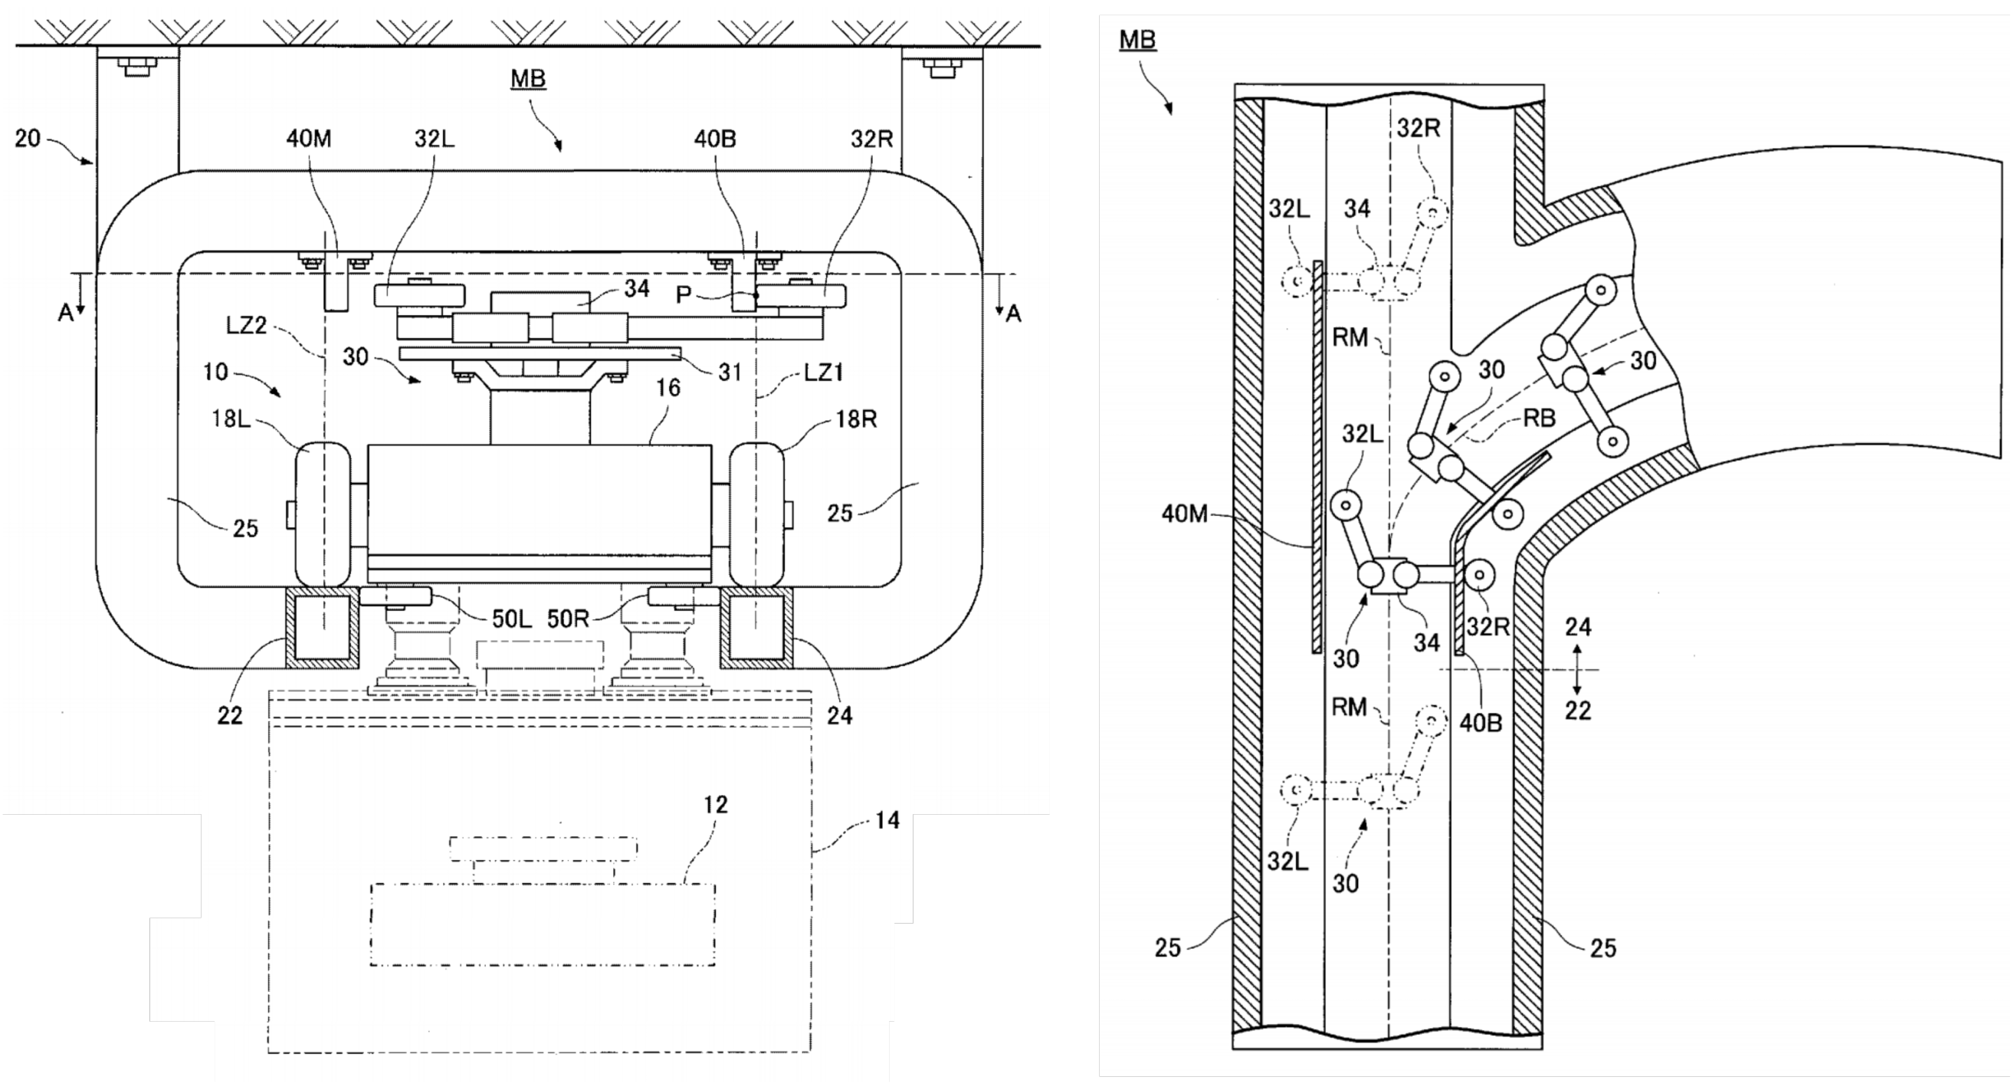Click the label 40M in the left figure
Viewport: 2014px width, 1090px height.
point(309,140)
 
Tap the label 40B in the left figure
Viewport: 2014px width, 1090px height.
point(714,140)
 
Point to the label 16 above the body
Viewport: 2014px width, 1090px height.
point(667,389)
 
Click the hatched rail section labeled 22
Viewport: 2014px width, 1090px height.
point(323,629)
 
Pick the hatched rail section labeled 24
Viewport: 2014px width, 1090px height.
point(756,629)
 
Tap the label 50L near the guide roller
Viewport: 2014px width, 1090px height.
point(511,619)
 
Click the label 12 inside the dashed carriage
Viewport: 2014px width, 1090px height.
point(714,805)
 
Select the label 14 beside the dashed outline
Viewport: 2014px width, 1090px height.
point(887,820)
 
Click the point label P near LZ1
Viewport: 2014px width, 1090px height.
point(684,295)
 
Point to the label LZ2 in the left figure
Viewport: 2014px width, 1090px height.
point(246,325)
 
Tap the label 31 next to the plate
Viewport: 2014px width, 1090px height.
point(730,373)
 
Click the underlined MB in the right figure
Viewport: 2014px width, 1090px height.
point(1137,39)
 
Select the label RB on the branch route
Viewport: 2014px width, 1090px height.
point(1539,419)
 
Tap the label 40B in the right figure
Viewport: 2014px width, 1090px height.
point(1480,724)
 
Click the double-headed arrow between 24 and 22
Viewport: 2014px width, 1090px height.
point(1577,669)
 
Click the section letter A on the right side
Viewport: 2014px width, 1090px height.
point(1013,314)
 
